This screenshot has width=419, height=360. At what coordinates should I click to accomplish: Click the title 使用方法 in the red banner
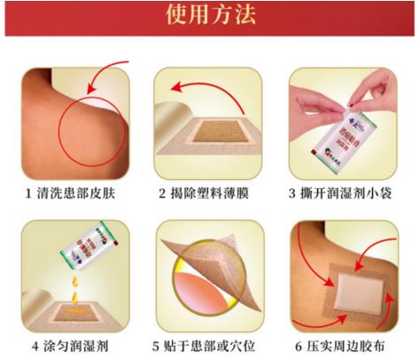[x=210, y=15]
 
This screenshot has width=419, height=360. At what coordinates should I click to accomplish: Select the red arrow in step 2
[x=199, y=86]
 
